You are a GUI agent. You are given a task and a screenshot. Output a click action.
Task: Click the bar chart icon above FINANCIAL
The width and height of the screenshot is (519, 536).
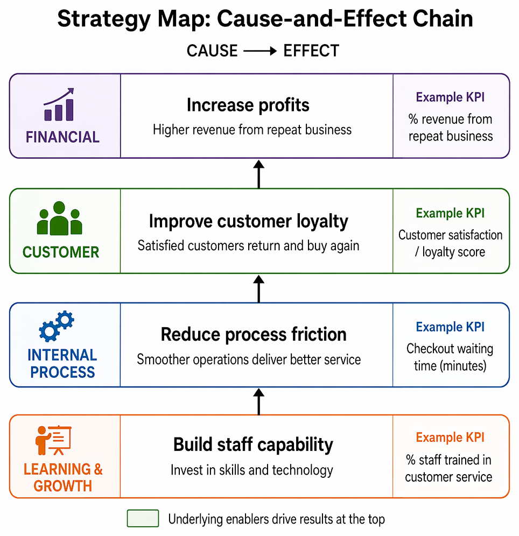click(59, 104)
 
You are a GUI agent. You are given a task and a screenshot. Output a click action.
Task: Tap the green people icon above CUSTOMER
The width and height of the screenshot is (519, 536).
click(59, 218)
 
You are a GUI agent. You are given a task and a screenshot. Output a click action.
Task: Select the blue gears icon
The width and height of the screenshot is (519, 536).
click(57, 326)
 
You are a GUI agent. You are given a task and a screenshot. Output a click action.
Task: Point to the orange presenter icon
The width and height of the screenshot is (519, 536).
click(53, 440)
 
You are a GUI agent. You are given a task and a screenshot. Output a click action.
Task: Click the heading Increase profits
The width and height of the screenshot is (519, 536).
click(248, 105)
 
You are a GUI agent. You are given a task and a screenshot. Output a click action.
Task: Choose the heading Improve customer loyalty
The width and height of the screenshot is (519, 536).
click(249, 222)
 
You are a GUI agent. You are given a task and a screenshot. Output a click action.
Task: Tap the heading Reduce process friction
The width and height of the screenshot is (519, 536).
click(254, 334)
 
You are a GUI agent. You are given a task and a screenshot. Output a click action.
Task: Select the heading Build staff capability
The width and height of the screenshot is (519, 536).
click(253, 445)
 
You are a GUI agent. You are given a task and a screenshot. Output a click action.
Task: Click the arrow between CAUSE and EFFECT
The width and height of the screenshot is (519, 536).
click(260, 51)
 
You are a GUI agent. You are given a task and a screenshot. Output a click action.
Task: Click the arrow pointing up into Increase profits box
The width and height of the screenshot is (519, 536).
click(259, 174)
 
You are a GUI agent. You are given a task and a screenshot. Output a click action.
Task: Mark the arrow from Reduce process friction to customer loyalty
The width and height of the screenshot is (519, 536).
click(259, 289)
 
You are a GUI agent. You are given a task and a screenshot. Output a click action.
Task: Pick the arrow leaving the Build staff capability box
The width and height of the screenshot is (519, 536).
click(259, 401)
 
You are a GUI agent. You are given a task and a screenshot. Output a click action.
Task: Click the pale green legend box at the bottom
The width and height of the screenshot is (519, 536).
click(143, 518)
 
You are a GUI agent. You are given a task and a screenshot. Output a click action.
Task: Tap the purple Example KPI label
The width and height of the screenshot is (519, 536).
click(450, 97)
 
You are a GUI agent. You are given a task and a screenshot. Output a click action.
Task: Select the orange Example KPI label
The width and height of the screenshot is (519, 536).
click(450, 438)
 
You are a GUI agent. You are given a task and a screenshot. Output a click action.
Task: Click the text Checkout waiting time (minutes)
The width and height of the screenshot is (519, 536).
click(450, 357)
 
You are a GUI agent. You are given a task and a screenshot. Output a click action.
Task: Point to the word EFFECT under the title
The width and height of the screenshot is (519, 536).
click(311, 51)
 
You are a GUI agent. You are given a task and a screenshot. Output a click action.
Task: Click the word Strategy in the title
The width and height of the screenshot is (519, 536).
click(104, 19)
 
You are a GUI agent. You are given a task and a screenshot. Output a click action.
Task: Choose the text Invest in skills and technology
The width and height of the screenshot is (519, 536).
click(251, 470)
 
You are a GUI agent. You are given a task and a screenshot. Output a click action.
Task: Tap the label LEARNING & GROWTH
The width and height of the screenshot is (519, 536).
click(63, 477)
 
